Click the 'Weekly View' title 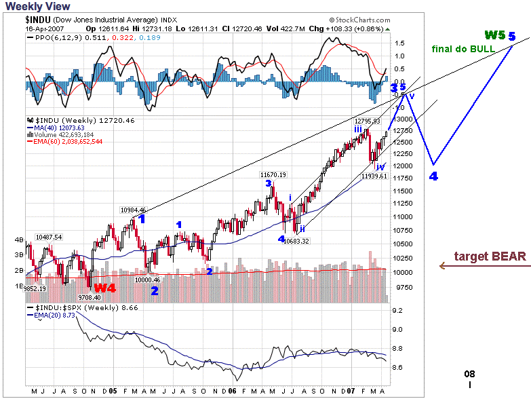tap(35, 6)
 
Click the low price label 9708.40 tap(88, 297)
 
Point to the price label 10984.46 tap(133, 210)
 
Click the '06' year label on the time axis tap(232, 391)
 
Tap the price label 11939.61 tap(374, 176)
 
